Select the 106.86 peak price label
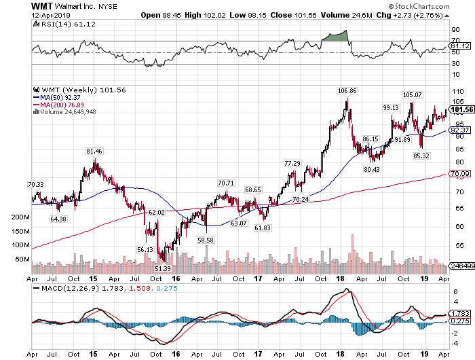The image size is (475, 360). coord(347,90)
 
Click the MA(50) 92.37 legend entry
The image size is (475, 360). coord(58,97)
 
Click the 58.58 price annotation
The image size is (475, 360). coord(206,240)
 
